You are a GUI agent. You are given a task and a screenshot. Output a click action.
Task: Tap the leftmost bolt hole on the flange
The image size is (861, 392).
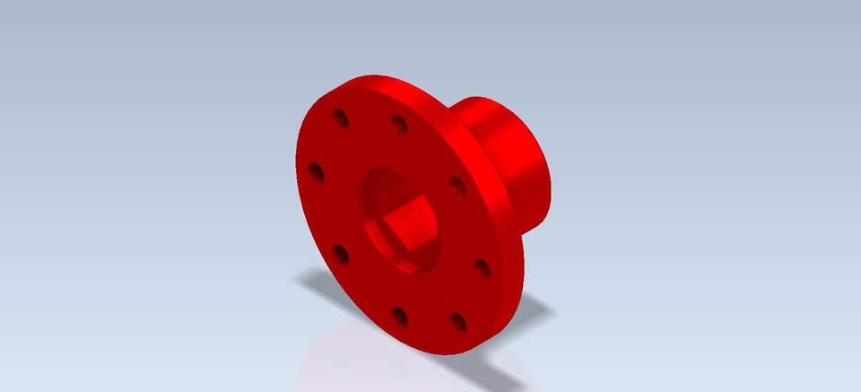pyautogui.click(x=316, y=170)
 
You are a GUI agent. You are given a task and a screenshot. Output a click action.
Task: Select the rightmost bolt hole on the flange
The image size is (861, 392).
pyautogui.click(x=482, y=267)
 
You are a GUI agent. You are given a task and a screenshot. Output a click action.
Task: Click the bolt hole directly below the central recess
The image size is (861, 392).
pyautogui.click(x=400, y=316)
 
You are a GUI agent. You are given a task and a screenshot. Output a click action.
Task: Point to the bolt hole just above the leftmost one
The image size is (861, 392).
pyautogui.click(x=341, y=118)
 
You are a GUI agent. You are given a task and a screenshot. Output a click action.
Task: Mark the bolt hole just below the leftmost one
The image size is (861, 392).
pyautogui.click(x=341, y=254)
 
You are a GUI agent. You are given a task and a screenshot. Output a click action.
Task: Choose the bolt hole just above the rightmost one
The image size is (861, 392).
pyautogui.click(x=457, y=187)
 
